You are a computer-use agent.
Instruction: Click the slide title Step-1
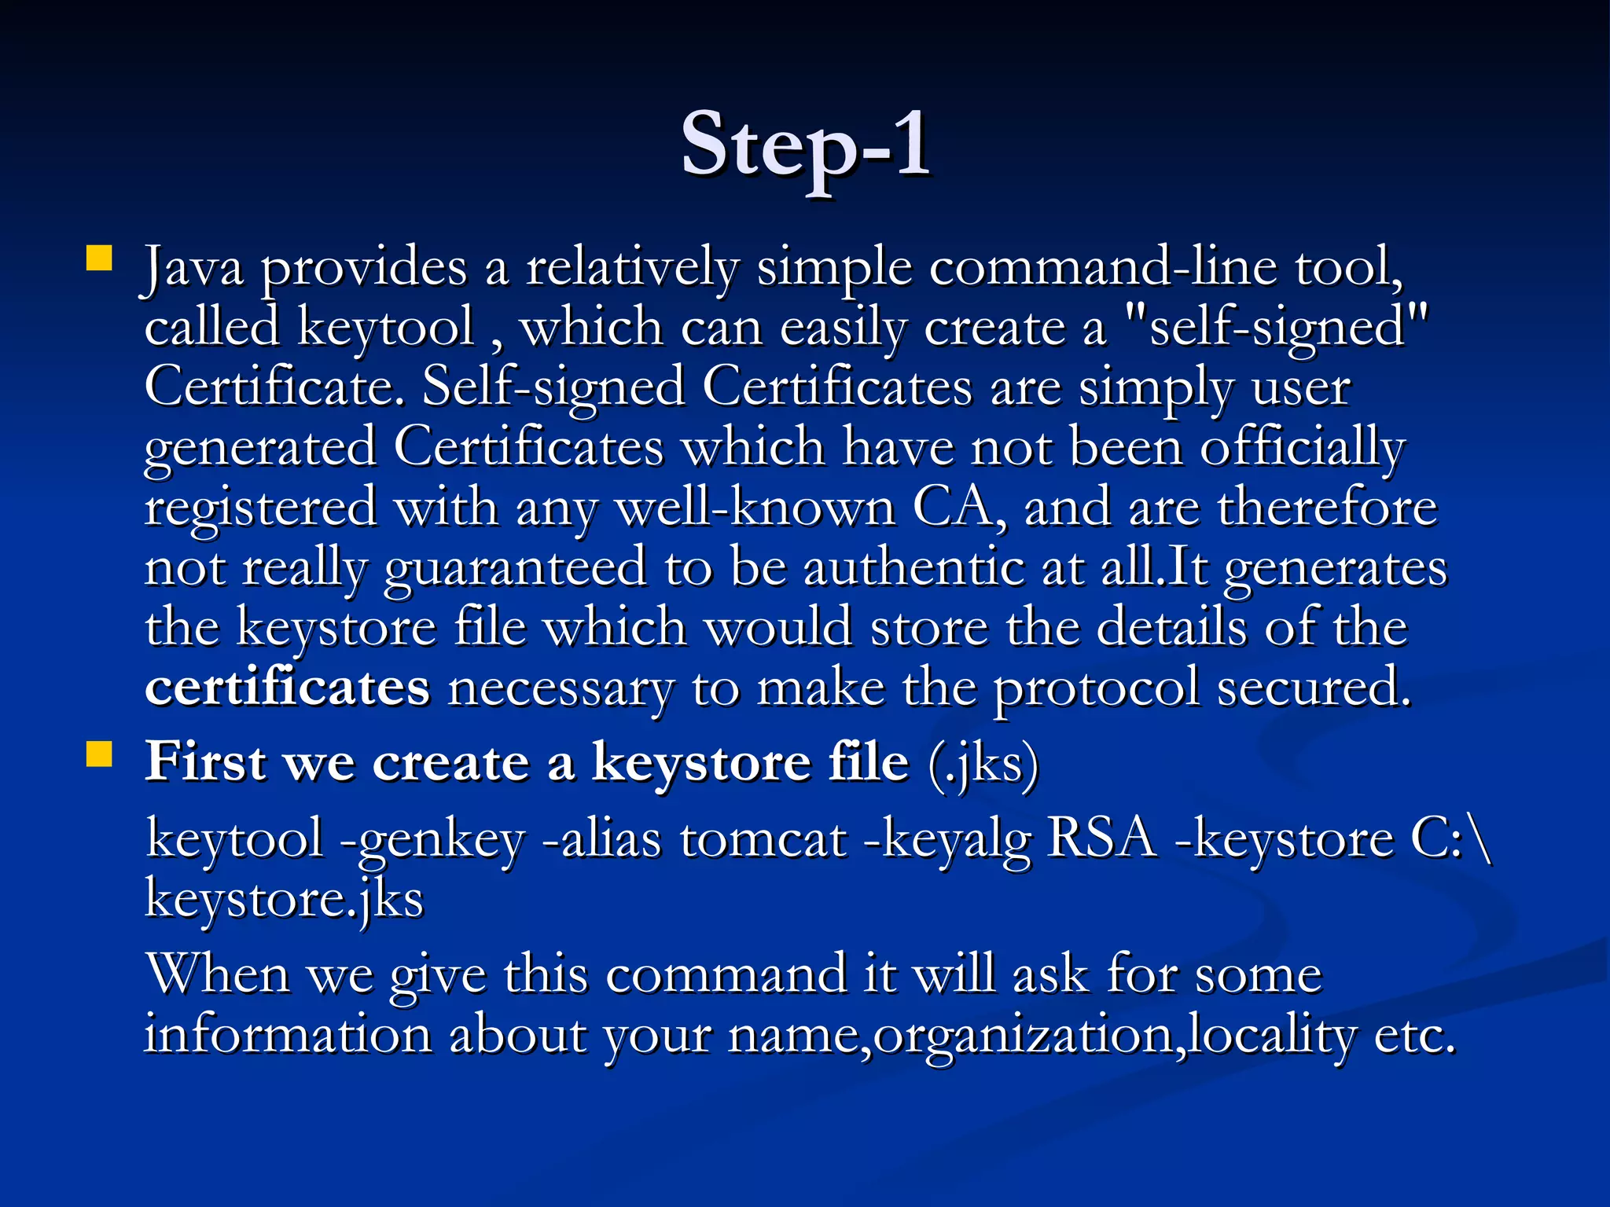pyautogui.click(x=805, y=145)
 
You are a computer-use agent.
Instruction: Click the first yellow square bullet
pyautogui.click(x=100, y=258)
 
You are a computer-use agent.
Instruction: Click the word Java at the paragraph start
pyautogui.click(x=193, y=267)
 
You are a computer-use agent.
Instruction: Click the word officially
pyautogui.click(x=1302, y=448)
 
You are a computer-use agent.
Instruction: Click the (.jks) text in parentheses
pyautogui.click(x=983, y=763)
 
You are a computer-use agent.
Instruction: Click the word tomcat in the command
pyautogui.click(x=763, y=839)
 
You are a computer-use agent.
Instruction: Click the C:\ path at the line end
pyautogui.click(x=1450, y=839)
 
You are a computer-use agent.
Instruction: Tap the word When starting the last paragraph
pyautogui.click(x=219, y=974)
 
